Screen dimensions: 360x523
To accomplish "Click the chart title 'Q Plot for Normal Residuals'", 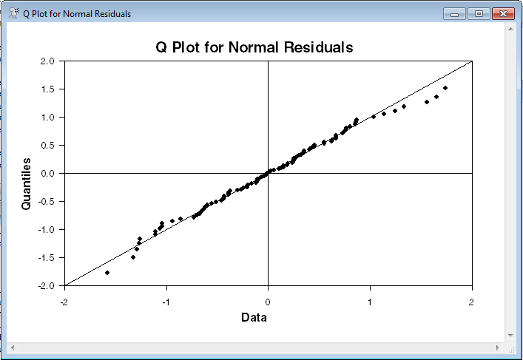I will point(254,47).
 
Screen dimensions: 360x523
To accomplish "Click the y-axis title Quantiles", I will point(27,183).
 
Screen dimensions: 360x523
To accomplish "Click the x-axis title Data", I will point(254,317).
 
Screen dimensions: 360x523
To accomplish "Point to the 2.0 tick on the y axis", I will point(47,61).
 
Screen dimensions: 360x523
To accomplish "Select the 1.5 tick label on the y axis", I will point(47,89).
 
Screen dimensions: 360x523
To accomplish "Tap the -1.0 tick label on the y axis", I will point(46,230).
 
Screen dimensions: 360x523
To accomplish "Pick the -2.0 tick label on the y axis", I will point(46,286).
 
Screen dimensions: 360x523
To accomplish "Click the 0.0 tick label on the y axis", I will point(47,174).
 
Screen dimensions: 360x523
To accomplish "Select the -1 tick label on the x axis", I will point(166,302).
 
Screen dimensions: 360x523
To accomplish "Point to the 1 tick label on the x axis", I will point(370,302).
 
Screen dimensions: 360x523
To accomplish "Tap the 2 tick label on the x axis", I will point(471,302).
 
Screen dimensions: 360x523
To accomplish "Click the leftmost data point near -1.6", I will point(107,273).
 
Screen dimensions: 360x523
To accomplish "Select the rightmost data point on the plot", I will point(445,88).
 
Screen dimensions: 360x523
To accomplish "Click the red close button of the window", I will point(502,13).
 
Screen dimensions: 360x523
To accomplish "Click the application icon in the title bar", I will point(13,13).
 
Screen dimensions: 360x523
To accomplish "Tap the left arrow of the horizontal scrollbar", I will point(12,347).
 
